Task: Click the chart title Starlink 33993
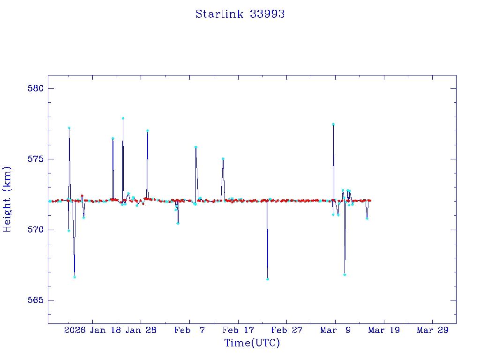(x=240, y=14)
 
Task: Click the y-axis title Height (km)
(x=7, y=199)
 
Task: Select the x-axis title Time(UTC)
(x=252, y=343)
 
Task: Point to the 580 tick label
(x=35, y=89)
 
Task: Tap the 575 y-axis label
(x=35, y=159)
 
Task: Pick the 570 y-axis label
(x=35, y=230)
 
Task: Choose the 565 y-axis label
(x=35, y=300)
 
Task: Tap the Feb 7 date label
(x=189, y=330)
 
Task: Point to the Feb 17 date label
(x=238, y=330)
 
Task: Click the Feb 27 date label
(x=286, y=330)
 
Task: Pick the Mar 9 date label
(x=335, y=330)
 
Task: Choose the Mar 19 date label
(x=384, y=330)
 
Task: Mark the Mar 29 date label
(x=433, y=330)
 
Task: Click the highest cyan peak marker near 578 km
(x=123, y=118)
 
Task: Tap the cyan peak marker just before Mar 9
(x=333, y=124)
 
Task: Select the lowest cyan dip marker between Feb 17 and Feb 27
(x=268, y=279)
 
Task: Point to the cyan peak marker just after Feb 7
(x=196, y=147)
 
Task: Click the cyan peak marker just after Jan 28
(x=148, y=131)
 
